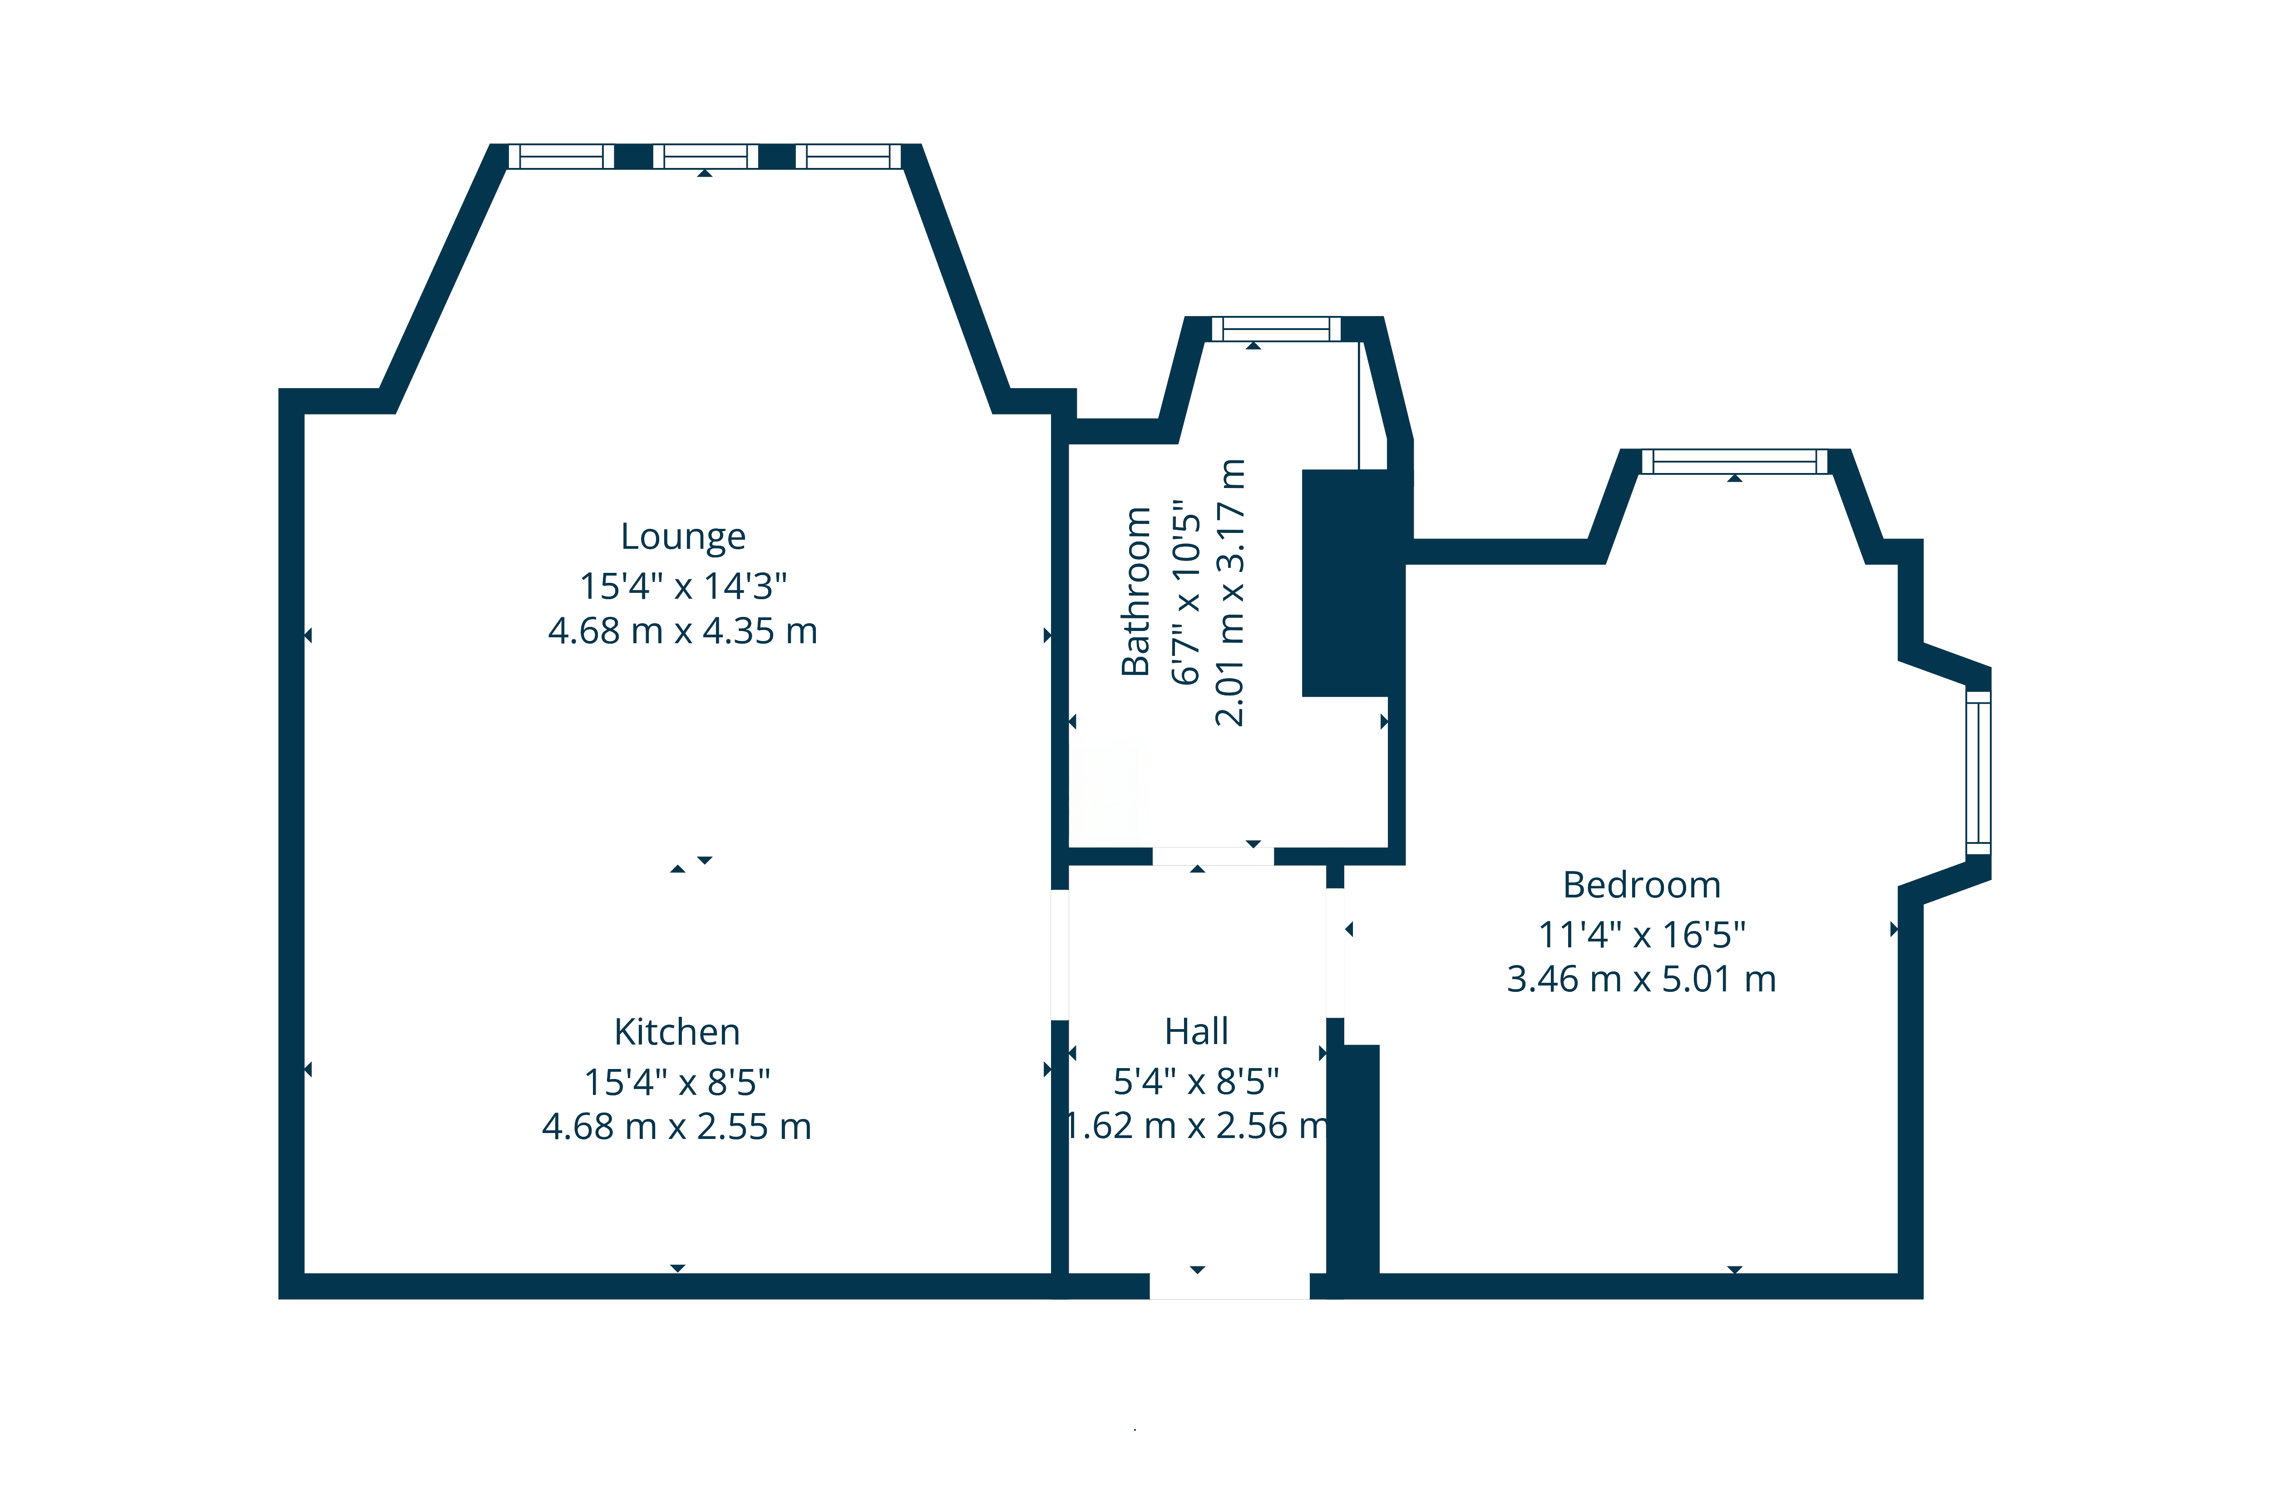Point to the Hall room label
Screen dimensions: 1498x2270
point(1196,1032)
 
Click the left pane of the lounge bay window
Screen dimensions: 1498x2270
point(561,157)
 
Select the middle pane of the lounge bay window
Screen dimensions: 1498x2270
point(705,157)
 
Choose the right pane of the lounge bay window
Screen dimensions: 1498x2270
point(849,157)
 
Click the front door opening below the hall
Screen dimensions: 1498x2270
point(1229,1286)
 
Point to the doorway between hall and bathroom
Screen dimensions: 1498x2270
point(1212,856)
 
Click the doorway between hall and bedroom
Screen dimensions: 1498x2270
point(1335,953)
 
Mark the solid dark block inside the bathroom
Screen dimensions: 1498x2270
point(1347,583)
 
